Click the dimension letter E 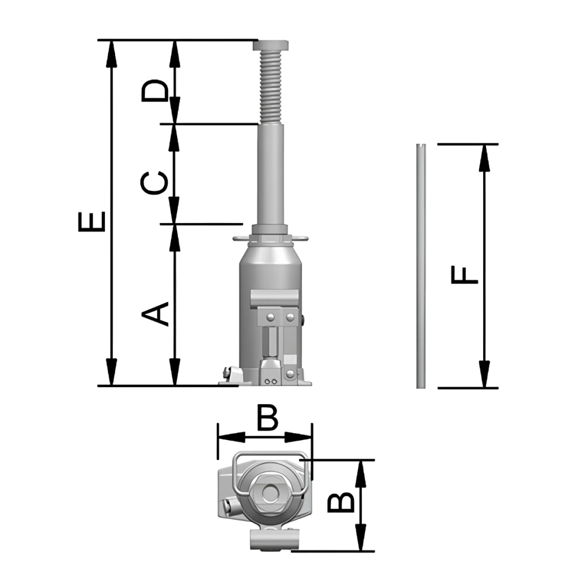[92, 221]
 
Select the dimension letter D [155, 90]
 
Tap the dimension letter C [155, 182]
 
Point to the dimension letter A [155, 314]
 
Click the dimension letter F [465, 275]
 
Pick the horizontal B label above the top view [267, 418]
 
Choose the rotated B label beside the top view [341, 502]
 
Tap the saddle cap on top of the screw [270, 45]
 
